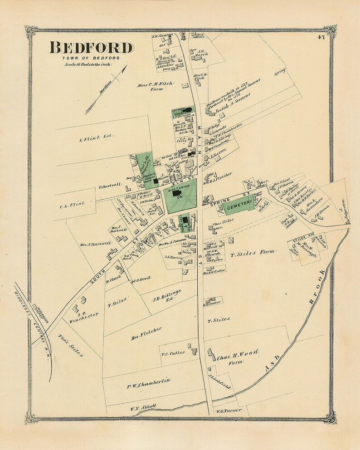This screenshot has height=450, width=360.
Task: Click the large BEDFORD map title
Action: [x=91, y=48]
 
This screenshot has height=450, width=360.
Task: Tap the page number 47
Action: [x=321, y=37]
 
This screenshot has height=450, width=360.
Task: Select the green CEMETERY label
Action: [x=239, y=205]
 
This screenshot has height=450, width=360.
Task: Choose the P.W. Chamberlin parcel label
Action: [x=148, y=384]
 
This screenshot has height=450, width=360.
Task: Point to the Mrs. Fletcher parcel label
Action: [x=146, y=333]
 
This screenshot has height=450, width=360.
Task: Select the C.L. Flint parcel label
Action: [x=72, y=204]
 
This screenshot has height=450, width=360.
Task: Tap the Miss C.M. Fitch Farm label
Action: [x=156, y=87]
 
